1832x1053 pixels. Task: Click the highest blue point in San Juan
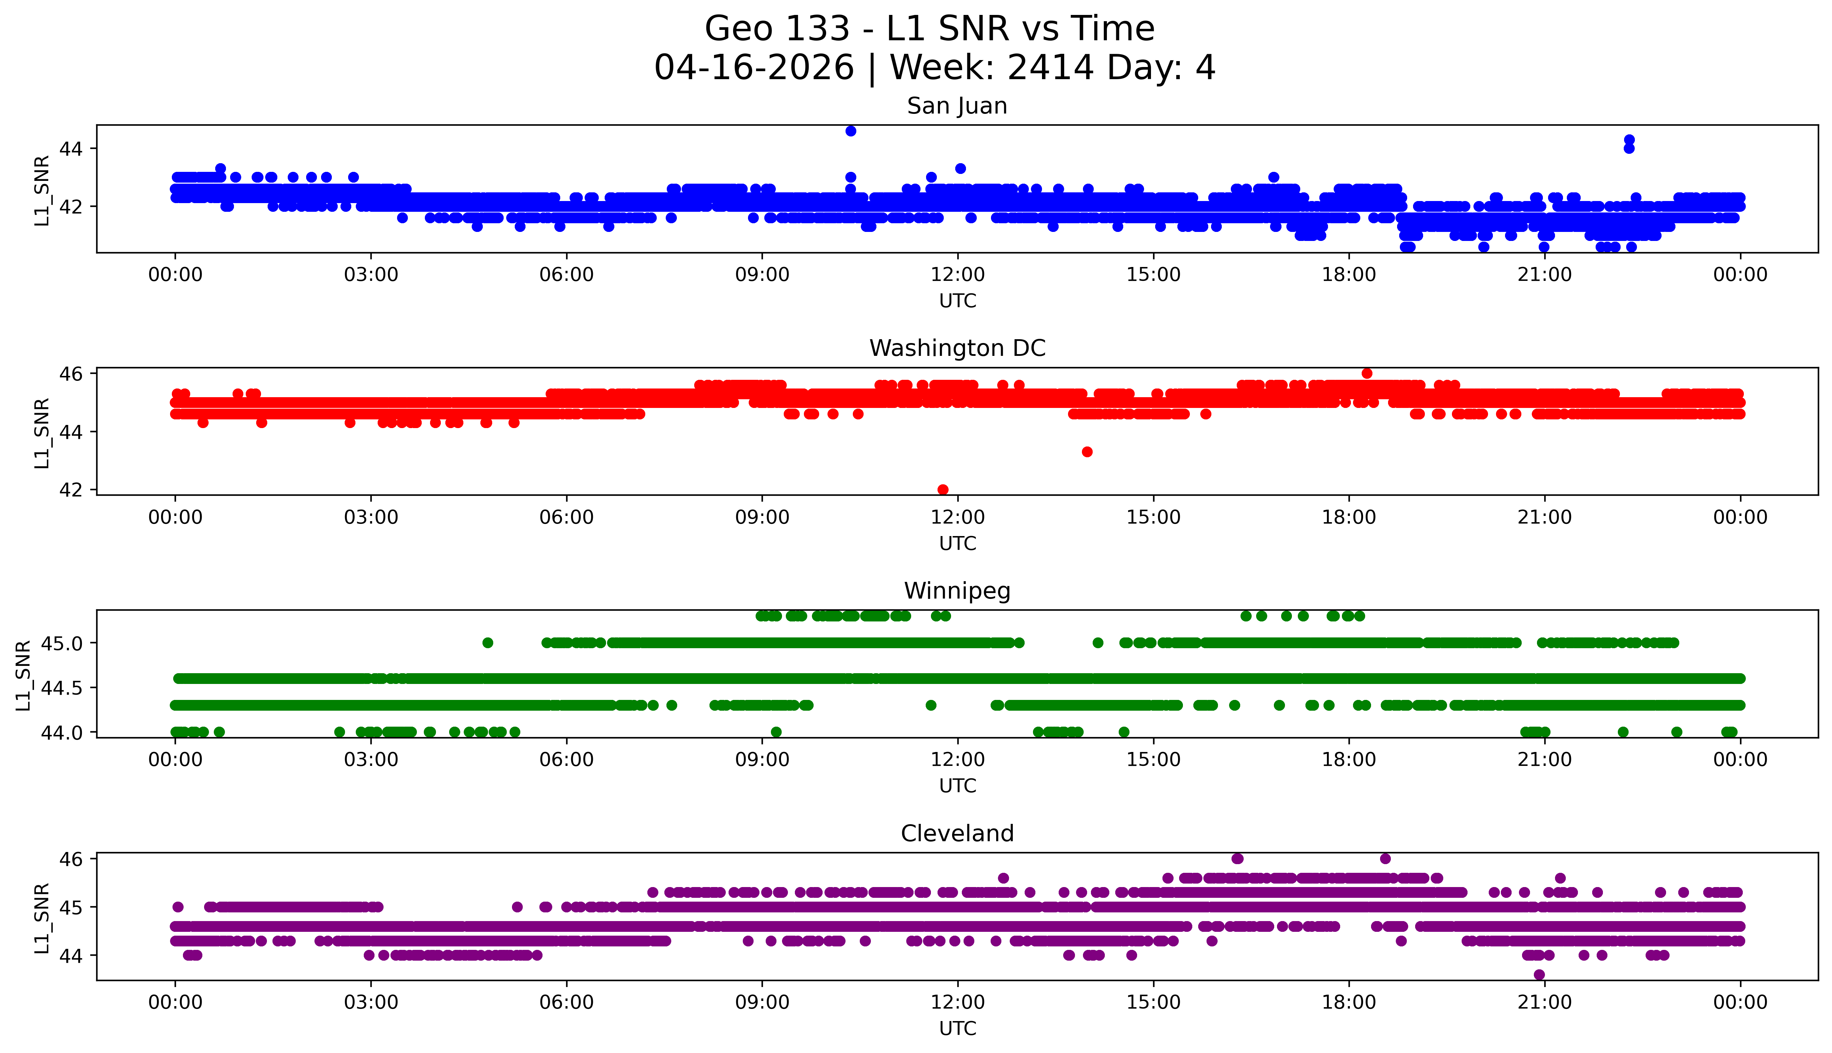(x=850, y=131)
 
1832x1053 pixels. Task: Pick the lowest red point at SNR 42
(x=942, y=490)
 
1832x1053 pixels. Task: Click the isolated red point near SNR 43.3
(x=1087, y=452)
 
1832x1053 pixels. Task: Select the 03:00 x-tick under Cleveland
(x=371, y=1002)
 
